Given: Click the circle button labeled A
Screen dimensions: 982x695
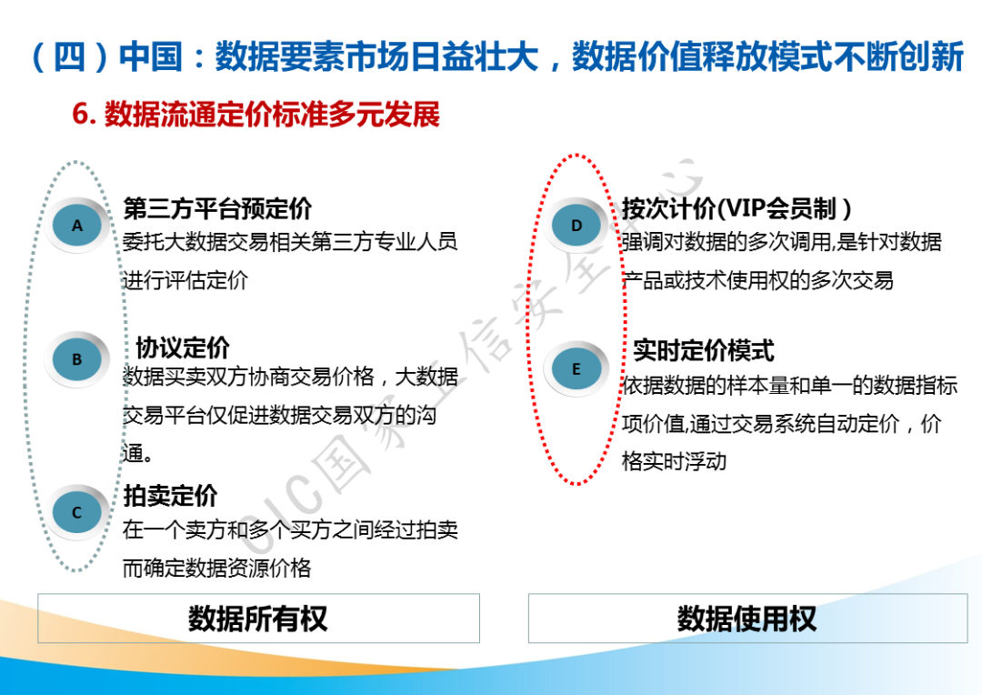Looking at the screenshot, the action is coord(77,225).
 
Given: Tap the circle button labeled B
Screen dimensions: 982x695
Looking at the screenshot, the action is coord(77,359).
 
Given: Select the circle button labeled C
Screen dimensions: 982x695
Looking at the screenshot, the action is coord(77,512).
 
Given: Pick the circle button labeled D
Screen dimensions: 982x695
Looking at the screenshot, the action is coord(576,225).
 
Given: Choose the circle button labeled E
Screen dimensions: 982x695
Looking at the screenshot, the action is coord(576,369).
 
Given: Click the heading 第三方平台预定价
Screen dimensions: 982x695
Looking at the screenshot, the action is coord(217,208).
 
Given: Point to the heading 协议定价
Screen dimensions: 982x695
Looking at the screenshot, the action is coord(183,347).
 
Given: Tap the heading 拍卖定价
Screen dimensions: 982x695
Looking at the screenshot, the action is coord(170,496).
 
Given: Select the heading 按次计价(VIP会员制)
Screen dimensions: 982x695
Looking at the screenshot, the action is coord(736,208).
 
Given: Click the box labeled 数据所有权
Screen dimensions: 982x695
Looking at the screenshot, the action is coord(258,618).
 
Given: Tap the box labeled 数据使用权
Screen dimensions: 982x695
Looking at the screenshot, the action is coord(747,618).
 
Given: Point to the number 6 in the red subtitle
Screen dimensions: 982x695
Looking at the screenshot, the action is coord(80,114).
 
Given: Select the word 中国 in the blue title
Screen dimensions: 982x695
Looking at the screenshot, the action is coord(150,56).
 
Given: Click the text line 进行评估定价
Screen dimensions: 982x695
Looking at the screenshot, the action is coord(185,280).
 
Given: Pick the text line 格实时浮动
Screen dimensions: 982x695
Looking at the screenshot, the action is coord(674,462).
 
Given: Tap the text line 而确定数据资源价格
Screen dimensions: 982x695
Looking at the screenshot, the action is coord(216,569).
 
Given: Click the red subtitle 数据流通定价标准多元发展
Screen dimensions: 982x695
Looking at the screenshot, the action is coord(273,114).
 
